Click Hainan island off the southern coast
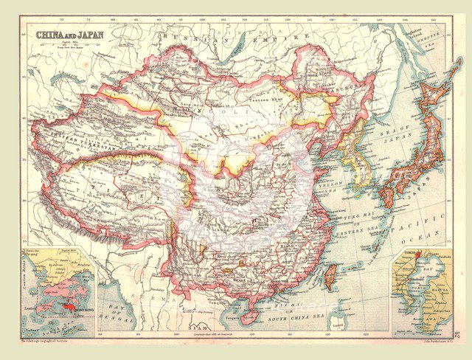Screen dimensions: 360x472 (x=249, y=317)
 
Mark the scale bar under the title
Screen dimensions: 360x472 (x=66, y=46)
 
